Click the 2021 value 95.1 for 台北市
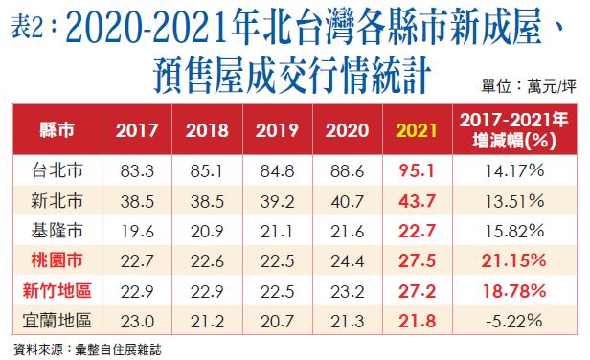[x=413, y=171]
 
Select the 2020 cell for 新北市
[x=344, y=200]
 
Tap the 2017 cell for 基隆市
[x=137, y=230]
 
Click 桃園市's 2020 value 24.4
[x=344, y=259]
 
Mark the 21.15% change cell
[x=514, y=259]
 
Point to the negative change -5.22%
[x=514, y=319]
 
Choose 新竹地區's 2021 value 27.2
[x=413, y=289]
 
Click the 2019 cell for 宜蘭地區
[x=275, y=319]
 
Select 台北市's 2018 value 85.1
[x=206, y=171]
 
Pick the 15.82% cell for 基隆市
[x=514, y=230]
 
